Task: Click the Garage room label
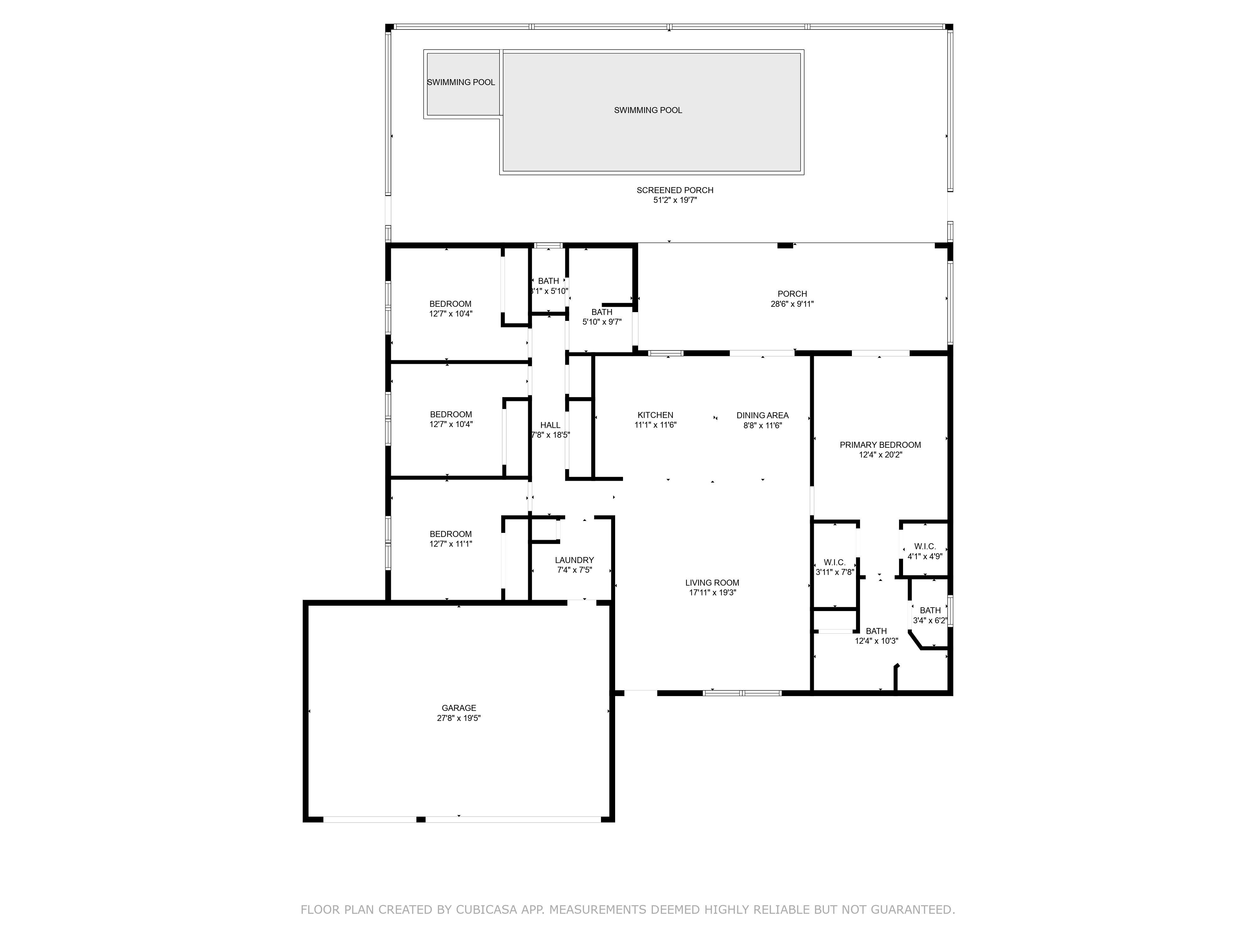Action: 459,708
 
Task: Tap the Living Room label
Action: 712,582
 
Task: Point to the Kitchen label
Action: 655,415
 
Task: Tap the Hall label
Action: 550,425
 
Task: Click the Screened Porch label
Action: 674,190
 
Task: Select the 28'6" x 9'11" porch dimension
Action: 792,304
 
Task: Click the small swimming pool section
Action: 461,84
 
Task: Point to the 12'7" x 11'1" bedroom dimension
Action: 451,544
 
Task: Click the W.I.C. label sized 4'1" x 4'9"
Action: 925,546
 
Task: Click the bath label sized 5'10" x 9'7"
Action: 602,312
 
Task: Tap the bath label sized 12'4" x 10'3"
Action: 876,631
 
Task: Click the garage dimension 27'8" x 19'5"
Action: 459,718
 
